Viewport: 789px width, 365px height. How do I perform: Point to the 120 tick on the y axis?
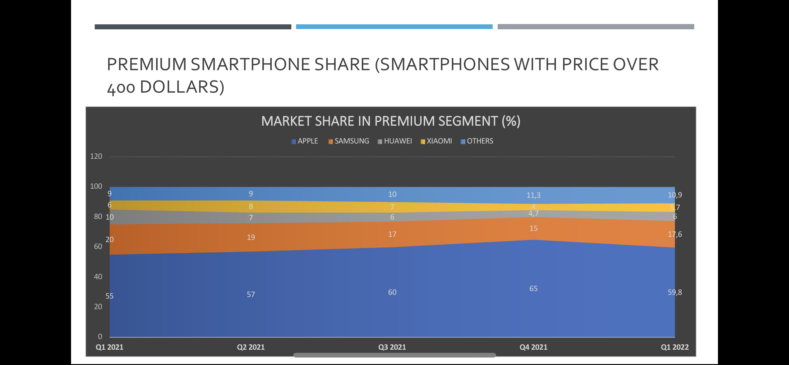96,156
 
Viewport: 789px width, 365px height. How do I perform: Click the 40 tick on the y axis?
98,277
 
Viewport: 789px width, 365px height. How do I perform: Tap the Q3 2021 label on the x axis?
392,347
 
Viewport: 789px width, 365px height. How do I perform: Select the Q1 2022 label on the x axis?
675,347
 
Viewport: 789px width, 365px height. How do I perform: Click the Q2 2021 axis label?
251,347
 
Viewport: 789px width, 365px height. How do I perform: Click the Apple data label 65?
533,289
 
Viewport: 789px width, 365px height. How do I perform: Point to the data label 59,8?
675,292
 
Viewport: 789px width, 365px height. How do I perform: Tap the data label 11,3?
533,195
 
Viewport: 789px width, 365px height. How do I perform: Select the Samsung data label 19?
251,237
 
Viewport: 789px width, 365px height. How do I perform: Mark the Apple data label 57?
251,294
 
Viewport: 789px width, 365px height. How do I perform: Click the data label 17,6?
675,234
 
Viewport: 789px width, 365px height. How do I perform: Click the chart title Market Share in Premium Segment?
391,121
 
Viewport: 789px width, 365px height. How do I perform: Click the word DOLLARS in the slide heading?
182,87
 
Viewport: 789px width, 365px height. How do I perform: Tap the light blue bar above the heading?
394,27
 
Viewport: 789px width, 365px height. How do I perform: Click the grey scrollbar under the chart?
395,355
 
